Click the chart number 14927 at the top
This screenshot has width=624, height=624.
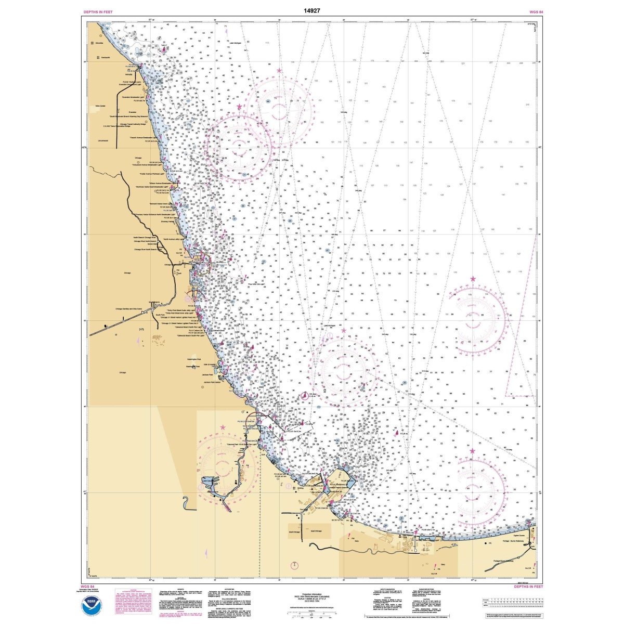point(312,10)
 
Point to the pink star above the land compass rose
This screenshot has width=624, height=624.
point(224,427)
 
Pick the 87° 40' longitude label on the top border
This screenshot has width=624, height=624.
point(151,20)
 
